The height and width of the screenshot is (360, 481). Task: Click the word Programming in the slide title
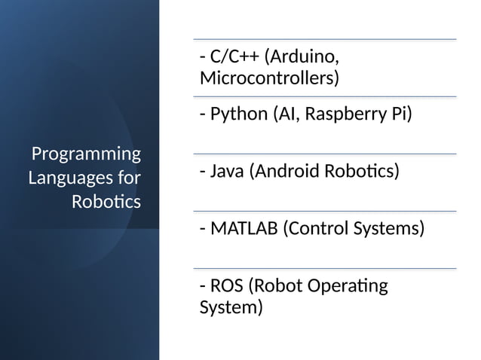tap(85, 155)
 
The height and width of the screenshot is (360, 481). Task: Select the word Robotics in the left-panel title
tap(106, 202)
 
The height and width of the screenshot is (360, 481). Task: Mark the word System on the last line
tap(231, 308)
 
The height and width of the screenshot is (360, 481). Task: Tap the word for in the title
tap(128, 178)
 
